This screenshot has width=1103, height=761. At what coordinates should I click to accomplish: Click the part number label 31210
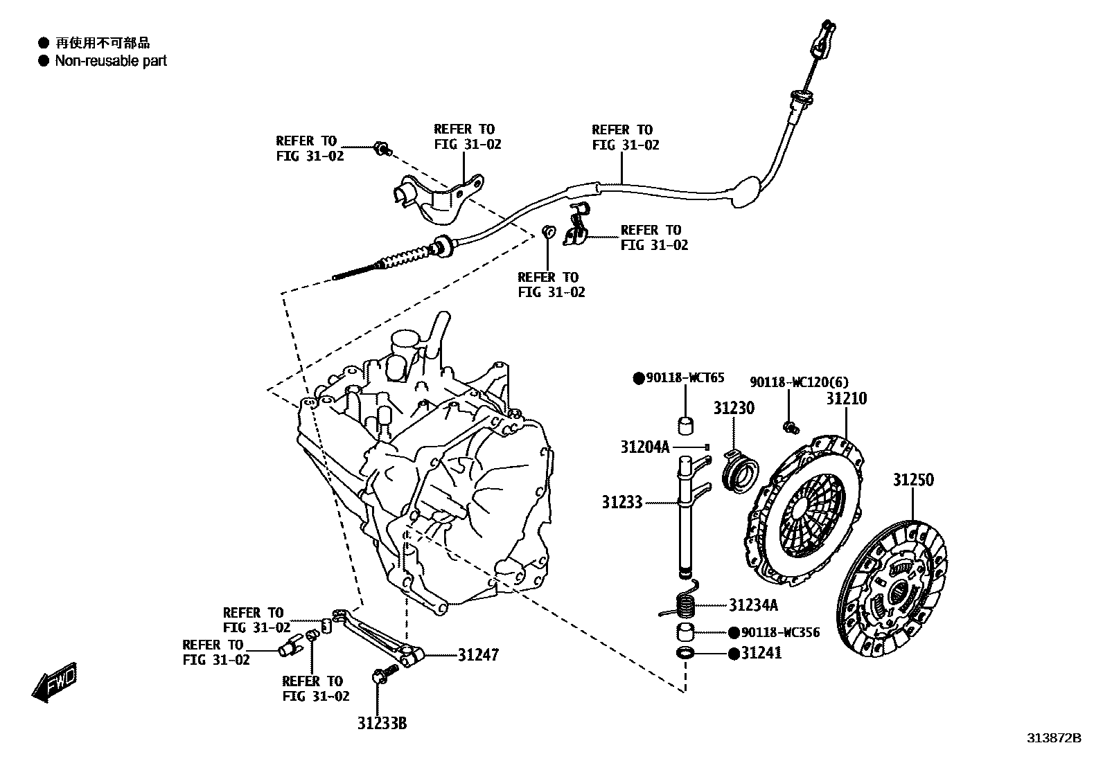[845, 399]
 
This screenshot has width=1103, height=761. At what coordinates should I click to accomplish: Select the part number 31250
[912, 480]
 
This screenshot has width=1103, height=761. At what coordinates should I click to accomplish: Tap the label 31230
[734, 408]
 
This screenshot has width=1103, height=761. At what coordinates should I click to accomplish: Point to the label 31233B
[382, 724]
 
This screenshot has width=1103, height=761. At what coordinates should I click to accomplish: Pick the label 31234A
[752, 605]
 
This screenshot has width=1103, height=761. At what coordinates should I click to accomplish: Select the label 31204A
[644, 447]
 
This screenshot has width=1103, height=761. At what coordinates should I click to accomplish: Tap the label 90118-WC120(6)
[799, 382]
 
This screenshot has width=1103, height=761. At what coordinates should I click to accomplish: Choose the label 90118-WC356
[780, 632]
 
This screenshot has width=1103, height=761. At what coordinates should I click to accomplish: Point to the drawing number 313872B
[1053, 738]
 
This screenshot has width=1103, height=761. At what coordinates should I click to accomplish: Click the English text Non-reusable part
[111, 61]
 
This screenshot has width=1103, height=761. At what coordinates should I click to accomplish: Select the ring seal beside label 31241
[685, 653]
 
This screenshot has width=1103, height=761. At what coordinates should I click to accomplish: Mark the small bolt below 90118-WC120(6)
[788, 427]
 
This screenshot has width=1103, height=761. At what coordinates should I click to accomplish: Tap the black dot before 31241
[733, 654]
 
